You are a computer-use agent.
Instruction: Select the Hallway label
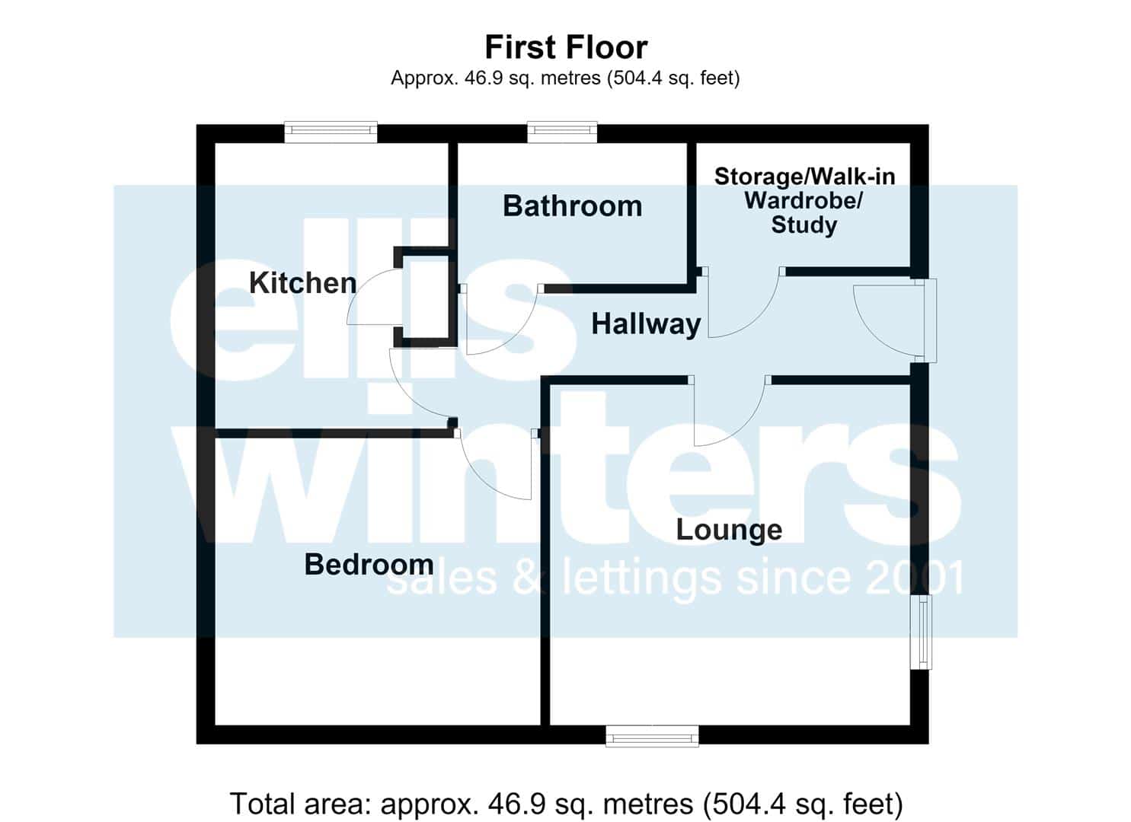click(x=646, y=324)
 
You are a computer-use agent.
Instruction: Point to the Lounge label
click(x=729, y=530)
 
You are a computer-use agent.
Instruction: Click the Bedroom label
click(x=369, y=564)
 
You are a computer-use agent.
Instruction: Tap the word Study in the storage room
click(x=804, y=225)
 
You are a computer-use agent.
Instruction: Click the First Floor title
click(x=566, y=47)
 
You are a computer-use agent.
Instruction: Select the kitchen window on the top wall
click(x=331, y=132)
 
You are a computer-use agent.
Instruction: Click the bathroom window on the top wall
click(x=562, y=132)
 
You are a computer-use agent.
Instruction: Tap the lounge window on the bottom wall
click(x=653, y=736)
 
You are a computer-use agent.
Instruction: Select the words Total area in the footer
click(x=301, y=803)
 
